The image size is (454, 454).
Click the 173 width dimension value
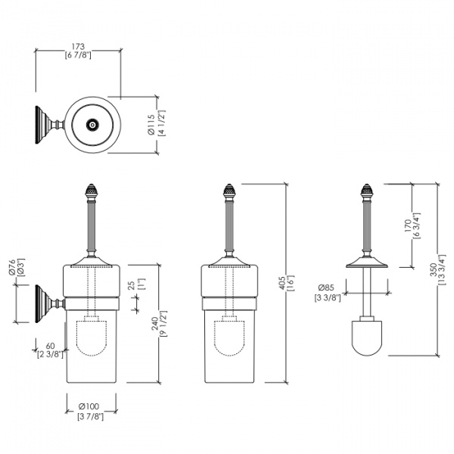78,46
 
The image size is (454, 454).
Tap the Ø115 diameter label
151,125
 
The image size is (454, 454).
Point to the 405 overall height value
281,283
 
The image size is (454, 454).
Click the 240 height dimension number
154,324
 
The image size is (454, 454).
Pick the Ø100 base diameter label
89,406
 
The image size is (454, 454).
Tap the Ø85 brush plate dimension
326,288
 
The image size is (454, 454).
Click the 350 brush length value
433,269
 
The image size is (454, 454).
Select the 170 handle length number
408,225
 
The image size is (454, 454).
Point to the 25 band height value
132,285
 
